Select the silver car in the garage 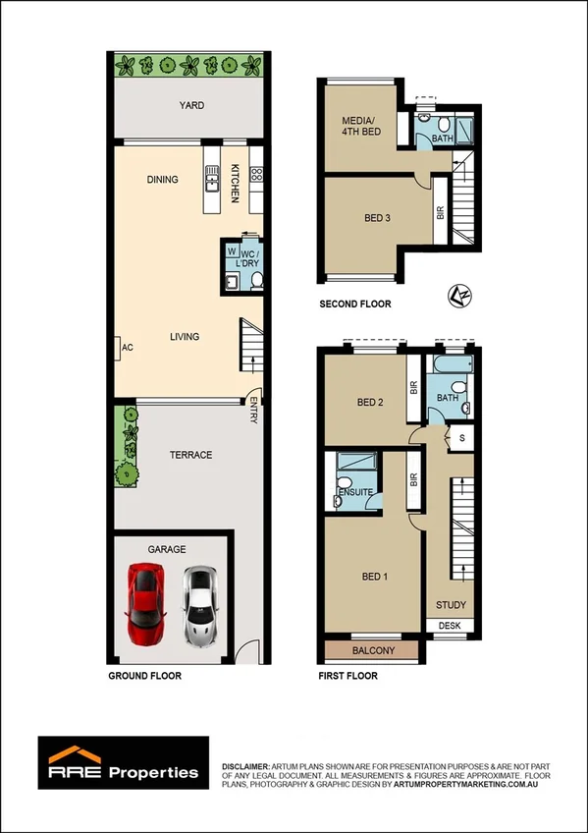(200, 604)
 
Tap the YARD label (191, 105)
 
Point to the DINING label (162, 180)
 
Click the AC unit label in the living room (127, 348)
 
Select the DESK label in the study (450, 626)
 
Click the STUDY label (451, 605)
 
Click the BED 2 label (369, 402)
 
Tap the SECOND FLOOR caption (355, 305)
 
